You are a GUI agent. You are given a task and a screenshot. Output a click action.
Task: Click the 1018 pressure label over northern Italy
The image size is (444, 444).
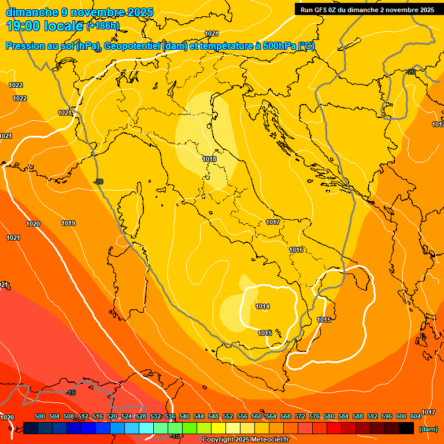(x=209, y=159)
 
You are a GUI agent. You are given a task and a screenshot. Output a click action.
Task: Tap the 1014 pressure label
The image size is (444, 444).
(x=262, y=306)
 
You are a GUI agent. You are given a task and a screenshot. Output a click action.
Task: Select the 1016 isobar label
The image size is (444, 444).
(x=296, y=250)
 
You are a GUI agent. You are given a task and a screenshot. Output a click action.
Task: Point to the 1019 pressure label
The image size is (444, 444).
(x=68, y=223)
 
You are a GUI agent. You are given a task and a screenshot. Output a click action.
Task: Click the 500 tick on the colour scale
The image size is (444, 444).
(x=40, y=416)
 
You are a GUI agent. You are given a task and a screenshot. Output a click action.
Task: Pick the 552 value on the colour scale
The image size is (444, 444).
(x=228, y=416)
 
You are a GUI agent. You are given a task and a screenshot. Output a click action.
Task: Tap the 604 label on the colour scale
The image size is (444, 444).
(x=416, y=416)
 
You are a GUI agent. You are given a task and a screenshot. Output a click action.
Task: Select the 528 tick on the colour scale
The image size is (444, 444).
(x=141, y=416)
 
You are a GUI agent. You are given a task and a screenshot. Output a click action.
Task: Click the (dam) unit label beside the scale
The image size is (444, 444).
(x=428, y=429)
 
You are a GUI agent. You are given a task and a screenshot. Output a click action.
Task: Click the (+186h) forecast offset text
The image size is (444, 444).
(x=102, y=26)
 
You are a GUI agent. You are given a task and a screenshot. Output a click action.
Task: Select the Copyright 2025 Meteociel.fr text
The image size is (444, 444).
(x=245, y=440)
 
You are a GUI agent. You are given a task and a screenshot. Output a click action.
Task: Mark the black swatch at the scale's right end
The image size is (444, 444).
(x=406, y=428)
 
